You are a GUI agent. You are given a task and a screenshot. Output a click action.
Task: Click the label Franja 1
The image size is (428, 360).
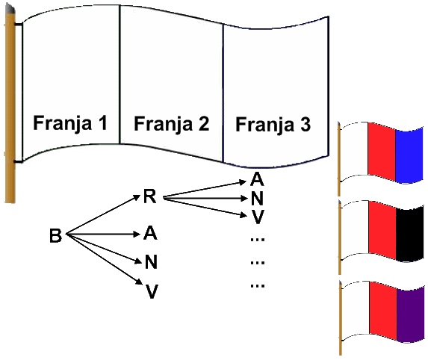70,123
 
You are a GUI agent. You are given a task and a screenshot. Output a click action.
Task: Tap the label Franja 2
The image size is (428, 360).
171,124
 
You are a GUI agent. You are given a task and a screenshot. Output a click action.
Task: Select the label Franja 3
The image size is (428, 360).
273,125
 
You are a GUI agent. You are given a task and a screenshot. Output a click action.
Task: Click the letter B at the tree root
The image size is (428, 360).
55,236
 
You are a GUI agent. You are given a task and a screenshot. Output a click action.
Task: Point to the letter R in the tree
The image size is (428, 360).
150,196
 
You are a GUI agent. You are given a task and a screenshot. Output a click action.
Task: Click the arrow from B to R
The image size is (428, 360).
103,214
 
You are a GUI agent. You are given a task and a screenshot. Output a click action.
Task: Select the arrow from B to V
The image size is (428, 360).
105,258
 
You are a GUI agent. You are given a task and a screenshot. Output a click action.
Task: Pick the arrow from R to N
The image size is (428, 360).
205,199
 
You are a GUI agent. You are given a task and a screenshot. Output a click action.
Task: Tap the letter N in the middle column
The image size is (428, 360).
151,261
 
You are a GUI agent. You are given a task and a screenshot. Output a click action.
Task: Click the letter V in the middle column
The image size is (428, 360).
152,291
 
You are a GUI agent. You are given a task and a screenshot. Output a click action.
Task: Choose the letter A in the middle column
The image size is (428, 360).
150,233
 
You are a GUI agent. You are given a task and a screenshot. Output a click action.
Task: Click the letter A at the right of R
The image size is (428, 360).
257,179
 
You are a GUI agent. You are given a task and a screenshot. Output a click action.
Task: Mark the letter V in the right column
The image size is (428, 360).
258,217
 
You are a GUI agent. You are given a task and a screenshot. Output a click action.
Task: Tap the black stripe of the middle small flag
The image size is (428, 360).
410,234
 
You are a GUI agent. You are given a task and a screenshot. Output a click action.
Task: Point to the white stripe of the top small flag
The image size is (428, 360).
354,151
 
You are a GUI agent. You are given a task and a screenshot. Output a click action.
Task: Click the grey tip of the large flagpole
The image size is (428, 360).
10,8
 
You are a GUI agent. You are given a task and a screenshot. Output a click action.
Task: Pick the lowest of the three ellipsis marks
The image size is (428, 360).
258,286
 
